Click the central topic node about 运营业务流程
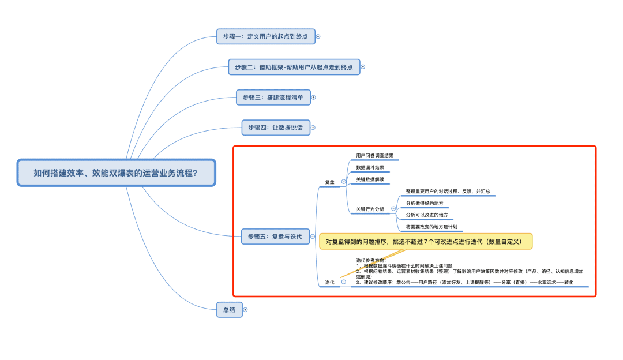(116, 172)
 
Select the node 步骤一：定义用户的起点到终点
(265, 36)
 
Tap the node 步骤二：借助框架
(294, 67)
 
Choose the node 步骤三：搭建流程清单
(273, 97)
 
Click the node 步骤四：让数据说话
(276, 127)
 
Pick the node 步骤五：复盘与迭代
(275, 236)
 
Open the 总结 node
(229, 310)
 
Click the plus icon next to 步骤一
(318, 36)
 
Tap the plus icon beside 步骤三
(313, 97)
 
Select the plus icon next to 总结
(245, 310)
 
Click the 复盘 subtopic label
(329, 182)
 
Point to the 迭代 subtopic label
(329, 282)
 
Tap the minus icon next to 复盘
(344, 182)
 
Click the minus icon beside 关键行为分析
(393, 208)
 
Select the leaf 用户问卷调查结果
(374, 155)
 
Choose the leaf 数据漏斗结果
(370, 167)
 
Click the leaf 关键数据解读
(370, 179)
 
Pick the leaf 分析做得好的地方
(425, 203)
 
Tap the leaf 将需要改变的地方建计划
(431, 227)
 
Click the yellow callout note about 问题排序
(425, 242)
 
